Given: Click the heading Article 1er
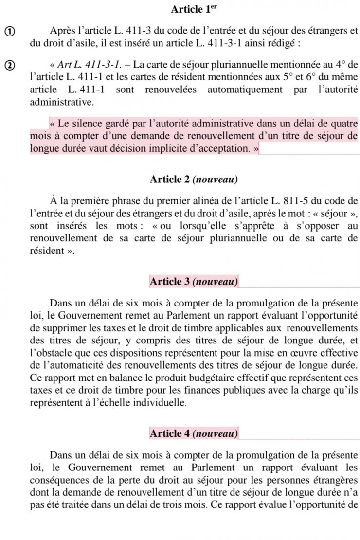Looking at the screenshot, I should click(193, 9).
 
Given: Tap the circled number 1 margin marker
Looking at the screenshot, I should click(9, 32).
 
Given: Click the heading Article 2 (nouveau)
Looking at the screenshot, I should click(194, 180).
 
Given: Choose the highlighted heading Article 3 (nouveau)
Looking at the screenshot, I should click(194, 281).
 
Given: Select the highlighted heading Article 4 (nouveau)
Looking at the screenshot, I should click(194, 433).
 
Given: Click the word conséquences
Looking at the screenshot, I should click(54, 479).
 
